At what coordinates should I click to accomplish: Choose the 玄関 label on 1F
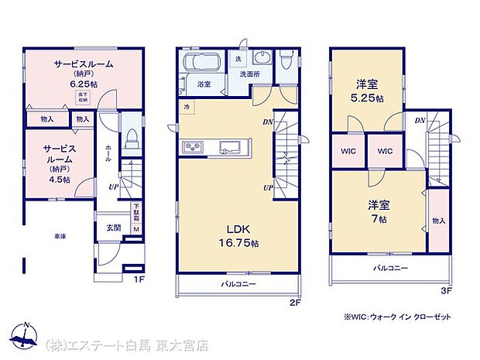[x=113, y=228]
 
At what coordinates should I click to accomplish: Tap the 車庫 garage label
[x=60, y=236]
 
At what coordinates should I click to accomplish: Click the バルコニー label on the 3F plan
[x=391, y=268]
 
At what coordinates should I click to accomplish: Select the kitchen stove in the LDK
[x=191, y=147]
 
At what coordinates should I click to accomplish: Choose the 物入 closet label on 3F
[x=439, y=220]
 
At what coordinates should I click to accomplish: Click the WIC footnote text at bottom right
[x=398, y=317]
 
